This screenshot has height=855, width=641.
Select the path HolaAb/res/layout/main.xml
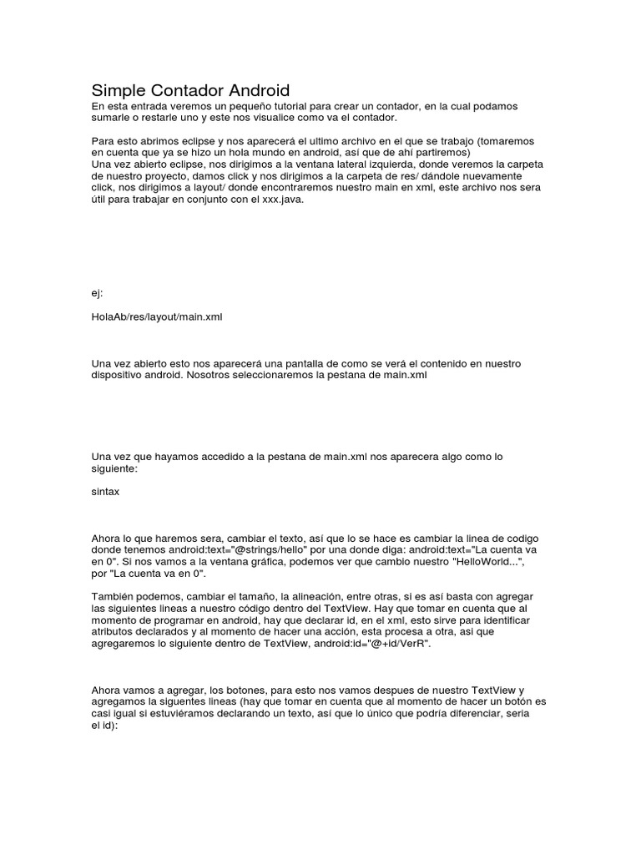[157, 317]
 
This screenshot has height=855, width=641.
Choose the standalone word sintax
[105, 492]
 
